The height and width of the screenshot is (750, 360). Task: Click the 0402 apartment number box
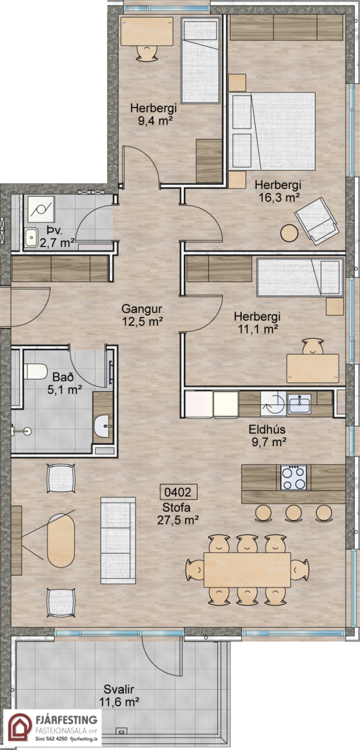point(179,492)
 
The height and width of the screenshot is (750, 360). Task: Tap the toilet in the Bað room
point(35,372)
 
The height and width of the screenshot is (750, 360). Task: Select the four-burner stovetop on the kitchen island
point(293,477)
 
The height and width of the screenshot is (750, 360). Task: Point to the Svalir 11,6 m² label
point(119,696)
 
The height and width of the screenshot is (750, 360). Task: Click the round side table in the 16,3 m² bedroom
point(289,233)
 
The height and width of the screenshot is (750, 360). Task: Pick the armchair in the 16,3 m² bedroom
point(316,221)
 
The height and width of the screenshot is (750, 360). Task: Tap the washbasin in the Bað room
point(102,426)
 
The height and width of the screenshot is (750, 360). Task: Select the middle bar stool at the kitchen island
point(294,512)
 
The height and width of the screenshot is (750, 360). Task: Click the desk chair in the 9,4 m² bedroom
point(147,53)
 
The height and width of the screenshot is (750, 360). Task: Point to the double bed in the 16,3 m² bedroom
point(272,131)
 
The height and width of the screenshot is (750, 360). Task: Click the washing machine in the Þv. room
point(41,209)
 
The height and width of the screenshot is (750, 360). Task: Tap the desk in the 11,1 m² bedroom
point(313,368)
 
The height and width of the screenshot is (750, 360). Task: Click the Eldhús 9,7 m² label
point(268,436)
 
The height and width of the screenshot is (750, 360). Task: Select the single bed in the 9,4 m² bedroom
point(200,60)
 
